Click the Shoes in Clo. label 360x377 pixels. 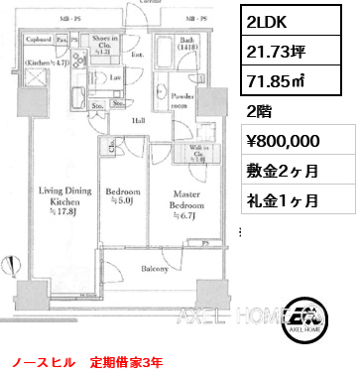click(x=108, y=44)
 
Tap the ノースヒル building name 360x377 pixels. click(x=36, y=364)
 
